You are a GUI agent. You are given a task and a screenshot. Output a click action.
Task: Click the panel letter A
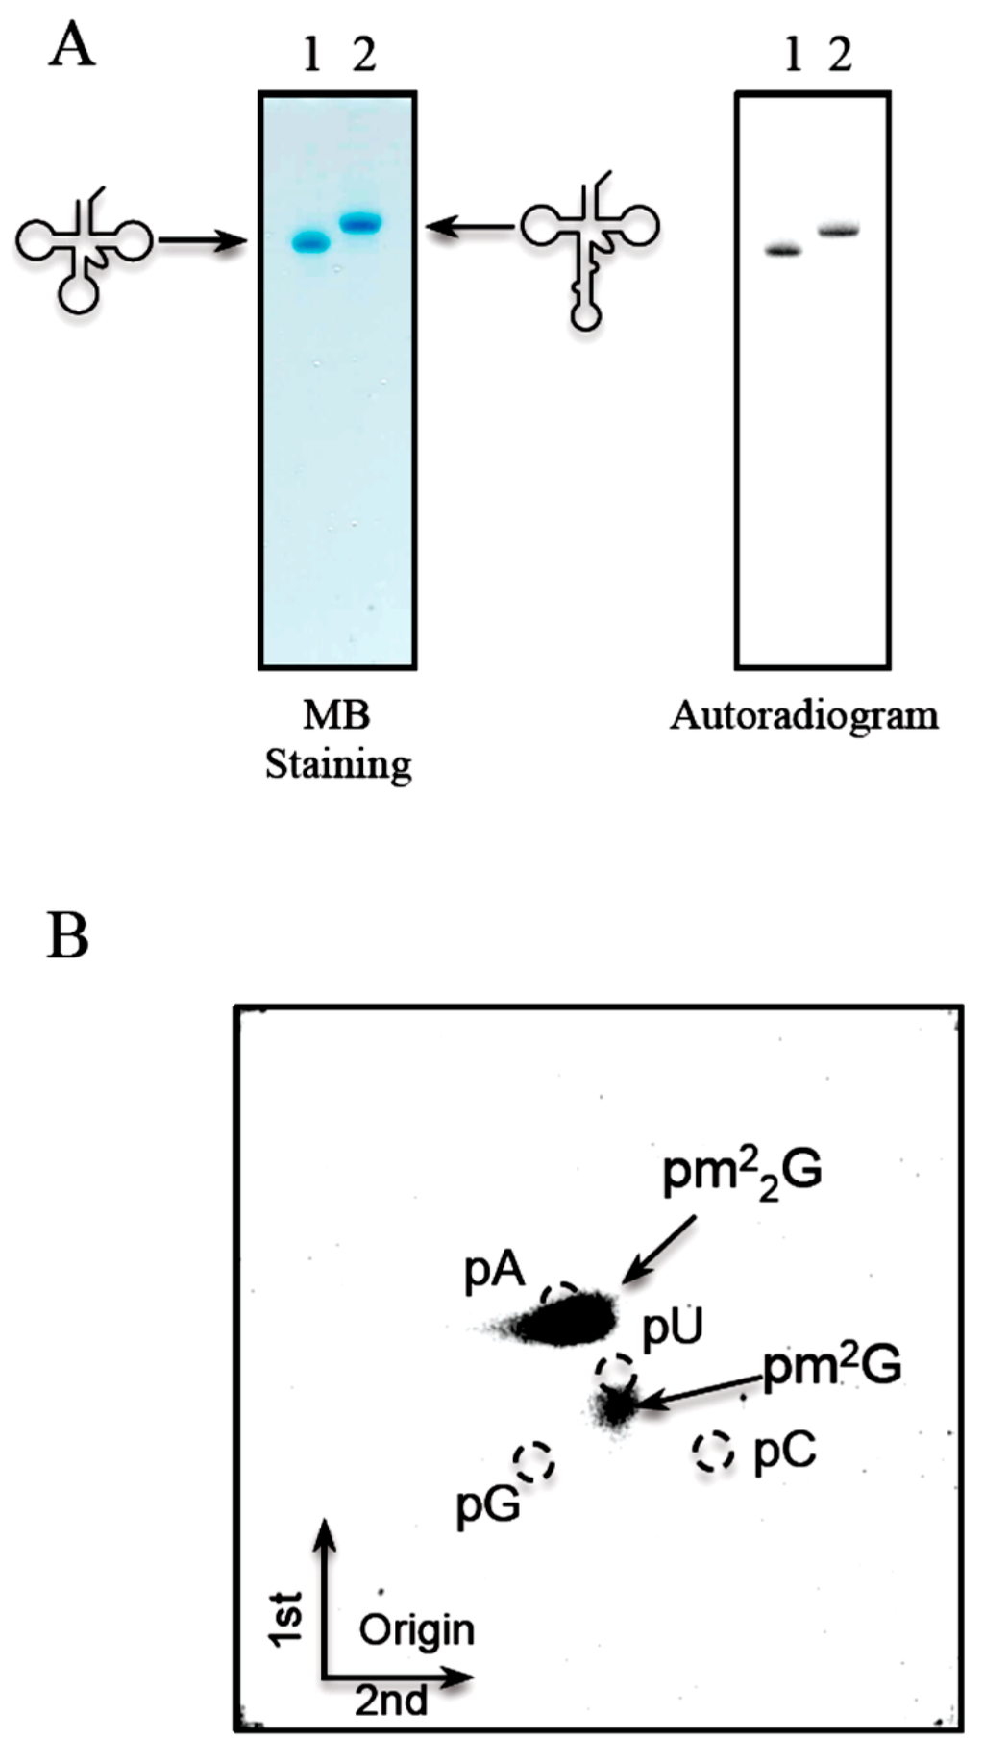click(72, 45)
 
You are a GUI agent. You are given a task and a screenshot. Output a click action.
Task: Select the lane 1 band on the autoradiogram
click(783, 251)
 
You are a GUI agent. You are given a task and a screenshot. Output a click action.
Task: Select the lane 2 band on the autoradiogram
click(838, 231)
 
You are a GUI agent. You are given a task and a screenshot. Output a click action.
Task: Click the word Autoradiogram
click(804, 716)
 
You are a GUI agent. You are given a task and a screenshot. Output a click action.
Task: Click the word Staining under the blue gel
click(338, 765)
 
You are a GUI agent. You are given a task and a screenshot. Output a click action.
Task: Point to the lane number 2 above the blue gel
click(363, 57)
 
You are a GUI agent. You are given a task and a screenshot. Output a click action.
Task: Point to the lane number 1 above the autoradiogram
click(793, 57)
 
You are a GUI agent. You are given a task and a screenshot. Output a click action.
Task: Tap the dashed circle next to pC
click(713, 1451)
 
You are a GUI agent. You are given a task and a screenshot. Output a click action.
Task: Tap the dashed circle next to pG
click(534, 1462)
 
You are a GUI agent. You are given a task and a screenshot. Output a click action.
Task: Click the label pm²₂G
click(742, 1174)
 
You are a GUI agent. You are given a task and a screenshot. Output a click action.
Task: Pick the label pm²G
click(832, 1365)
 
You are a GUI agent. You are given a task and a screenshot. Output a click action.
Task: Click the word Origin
click(416, 1630)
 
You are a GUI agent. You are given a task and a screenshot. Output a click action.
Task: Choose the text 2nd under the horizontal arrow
click(391, 1701)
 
